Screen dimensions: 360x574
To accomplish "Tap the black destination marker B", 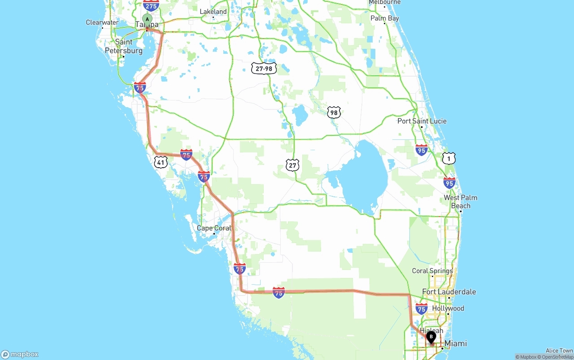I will pos(431,337).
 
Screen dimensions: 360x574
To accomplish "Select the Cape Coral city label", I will pos(214,228).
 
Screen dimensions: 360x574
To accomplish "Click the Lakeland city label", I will pos(213,12).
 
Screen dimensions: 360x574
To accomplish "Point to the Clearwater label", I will pos(102,22).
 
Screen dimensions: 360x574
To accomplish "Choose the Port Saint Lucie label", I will pos(422,121).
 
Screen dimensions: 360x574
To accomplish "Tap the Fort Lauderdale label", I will pos(449,292).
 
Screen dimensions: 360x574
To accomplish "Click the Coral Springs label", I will pos(432,271).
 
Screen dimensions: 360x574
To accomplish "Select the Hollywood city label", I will pos(448,308).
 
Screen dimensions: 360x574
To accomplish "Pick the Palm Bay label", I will pos(384,18).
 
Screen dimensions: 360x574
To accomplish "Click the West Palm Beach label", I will pos(461,202).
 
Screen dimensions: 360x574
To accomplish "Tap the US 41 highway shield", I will pos(161,162).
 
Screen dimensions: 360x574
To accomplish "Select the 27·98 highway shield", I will pos(264,68).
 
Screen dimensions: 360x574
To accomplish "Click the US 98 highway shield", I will pos(334,113).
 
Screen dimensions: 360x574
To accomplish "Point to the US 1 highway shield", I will pos(449,158).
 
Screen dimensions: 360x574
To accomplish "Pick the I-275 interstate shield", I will pos(151,5).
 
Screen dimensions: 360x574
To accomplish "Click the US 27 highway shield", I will pos(292,165).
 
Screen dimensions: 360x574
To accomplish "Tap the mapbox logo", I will pos(20,354).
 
